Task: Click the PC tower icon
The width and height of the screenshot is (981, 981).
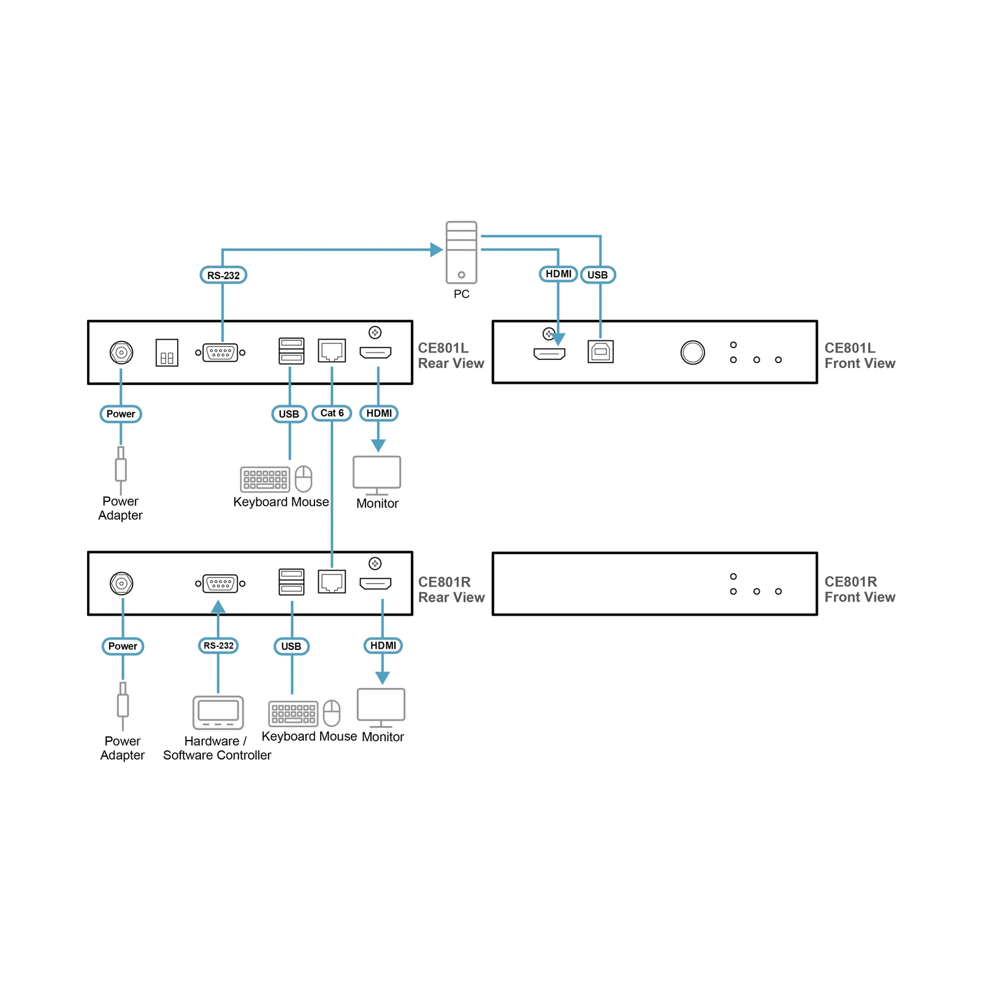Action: [461, 252]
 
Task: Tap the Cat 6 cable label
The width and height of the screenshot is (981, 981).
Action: [332, 413]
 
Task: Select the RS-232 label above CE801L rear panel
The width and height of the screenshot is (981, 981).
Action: [223, 275]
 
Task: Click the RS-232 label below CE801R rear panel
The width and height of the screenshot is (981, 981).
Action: [218, 646]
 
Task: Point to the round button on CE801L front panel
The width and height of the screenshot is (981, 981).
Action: [692, 353]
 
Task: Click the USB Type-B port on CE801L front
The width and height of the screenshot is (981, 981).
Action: [600, 352]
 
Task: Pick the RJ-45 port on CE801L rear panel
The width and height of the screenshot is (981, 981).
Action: [332, 351]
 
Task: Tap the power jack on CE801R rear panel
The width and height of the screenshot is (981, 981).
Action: [121, 583]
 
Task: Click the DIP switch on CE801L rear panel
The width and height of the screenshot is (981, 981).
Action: [167, 353]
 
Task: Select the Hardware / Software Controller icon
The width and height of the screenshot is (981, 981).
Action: [218, 712]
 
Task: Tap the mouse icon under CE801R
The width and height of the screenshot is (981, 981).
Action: [332, 713]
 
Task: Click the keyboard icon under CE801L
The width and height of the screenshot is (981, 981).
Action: [265, 479]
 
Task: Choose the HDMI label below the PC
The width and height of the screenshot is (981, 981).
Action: [558, 274]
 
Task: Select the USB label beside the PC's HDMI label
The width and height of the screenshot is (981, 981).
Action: [598, 275]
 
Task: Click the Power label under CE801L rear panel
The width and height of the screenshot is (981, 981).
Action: [121, 414]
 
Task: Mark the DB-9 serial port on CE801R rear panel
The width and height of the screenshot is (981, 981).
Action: [220, 583]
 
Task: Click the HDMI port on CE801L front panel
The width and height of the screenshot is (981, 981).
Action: [549, 353]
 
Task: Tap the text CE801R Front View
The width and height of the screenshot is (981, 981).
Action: [860, 589]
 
